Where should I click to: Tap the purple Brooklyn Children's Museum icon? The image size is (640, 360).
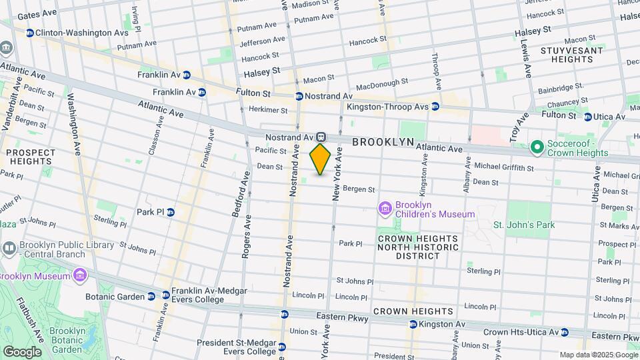pyautogui.click(x=384, y=209)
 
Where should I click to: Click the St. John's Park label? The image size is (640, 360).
pyautogui.click(x=524, y=225)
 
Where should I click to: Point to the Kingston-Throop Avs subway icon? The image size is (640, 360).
pyautogui.click(x=435, y=106)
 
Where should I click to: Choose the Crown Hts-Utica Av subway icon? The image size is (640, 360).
pyautogui.click(x=565, y=332)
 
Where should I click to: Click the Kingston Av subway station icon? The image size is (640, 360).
pyautogui.click(x=413, y=324)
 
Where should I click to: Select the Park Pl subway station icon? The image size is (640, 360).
pyautogui.click(x=170, y=212)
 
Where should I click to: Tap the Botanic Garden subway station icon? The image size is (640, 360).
pyautogui.click(x=166, y=295)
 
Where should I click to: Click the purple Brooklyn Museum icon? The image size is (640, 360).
pyautogui.click(x=80, y=275)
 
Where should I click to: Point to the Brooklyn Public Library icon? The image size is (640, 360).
pyautogui.click(x=9, y=249)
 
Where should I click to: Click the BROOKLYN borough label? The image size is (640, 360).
pyautogui.click(x=383, y=142)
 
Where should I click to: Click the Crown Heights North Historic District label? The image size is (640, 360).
pyautogui.click(x=418, y=247)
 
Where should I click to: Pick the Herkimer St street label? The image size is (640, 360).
pyautogui.click(x=267, y=110)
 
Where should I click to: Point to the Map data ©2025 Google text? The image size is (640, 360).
pyautogui.click(x=597, y=355)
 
